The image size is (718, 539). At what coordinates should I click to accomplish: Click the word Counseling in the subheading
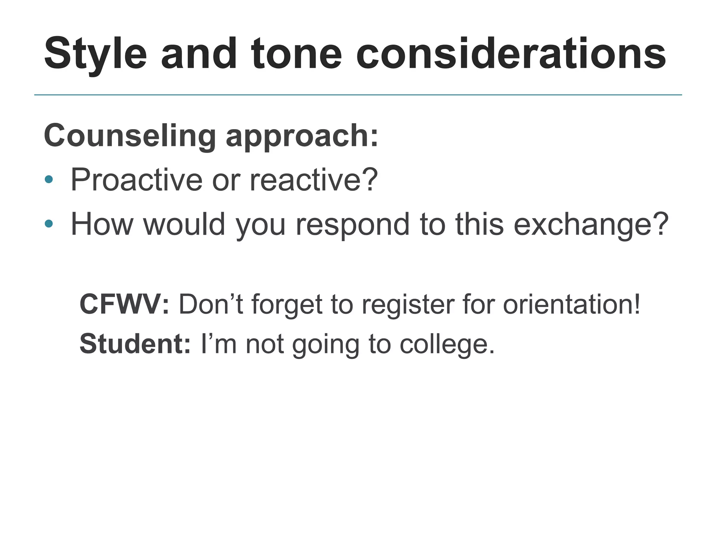coord(130,136)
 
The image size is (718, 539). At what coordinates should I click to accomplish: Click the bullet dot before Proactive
coord(49,180)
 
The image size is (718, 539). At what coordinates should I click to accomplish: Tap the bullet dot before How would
coord(49,224)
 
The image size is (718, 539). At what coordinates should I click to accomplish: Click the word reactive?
coord(314,180)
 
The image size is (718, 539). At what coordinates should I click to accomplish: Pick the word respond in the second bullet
coord(353,225)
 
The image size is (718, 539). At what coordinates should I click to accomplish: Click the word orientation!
coord(572,304)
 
